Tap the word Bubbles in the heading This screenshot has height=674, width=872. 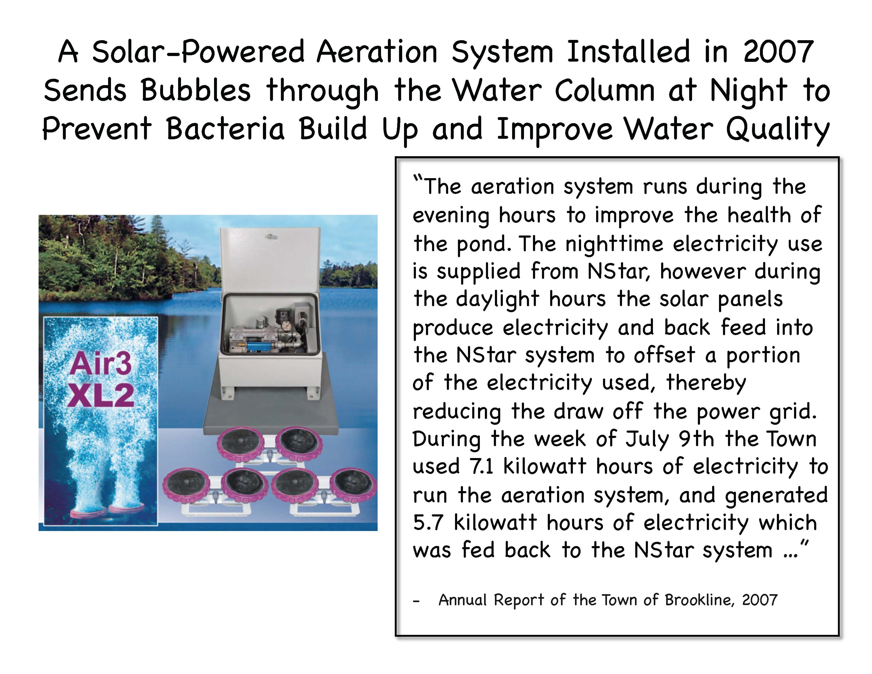196,90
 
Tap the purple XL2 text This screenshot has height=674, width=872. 101,395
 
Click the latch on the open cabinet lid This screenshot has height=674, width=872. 272,237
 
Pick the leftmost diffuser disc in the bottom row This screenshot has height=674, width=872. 186,486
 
